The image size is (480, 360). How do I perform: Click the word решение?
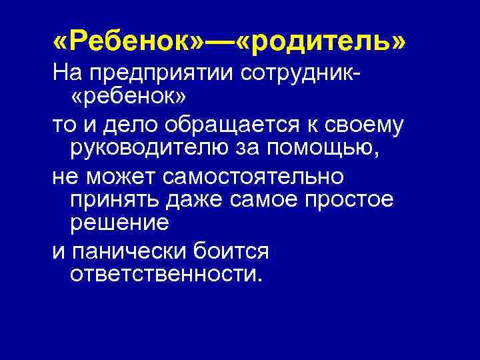[x=119, y=225]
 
